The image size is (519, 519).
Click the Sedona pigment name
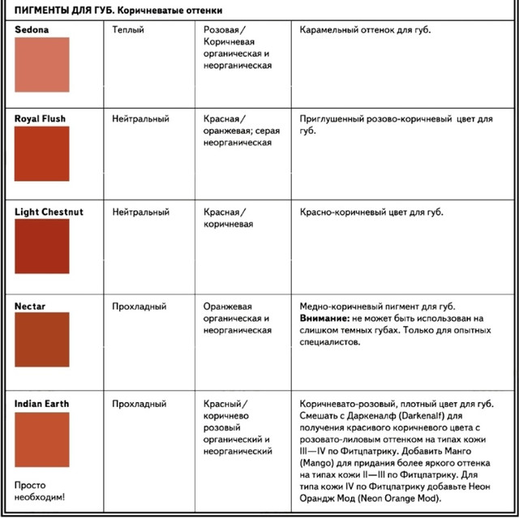32,29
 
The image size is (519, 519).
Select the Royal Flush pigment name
41,118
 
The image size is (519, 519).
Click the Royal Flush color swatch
42,153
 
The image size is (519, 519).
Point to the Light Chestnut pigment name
49,212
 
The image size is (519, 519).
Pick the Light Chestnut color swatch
42,247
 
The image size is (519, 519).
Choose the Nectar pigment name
30,307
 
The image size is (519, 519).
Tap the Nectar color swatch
42,339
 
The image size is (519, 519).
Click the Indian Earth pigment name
42,404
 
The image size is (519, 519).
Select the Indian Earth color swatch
42,439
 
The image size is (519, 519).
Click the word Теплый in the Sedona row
128,29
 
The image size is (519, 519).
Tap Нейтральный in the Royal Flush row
141,118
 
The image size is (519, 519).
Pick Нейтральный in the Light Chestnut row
141,212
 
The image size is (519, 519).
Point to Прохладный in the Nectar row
139,307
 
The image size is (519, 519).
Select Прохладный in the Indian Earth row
139,404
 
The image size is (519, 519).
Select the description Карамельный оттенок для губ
365,29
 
